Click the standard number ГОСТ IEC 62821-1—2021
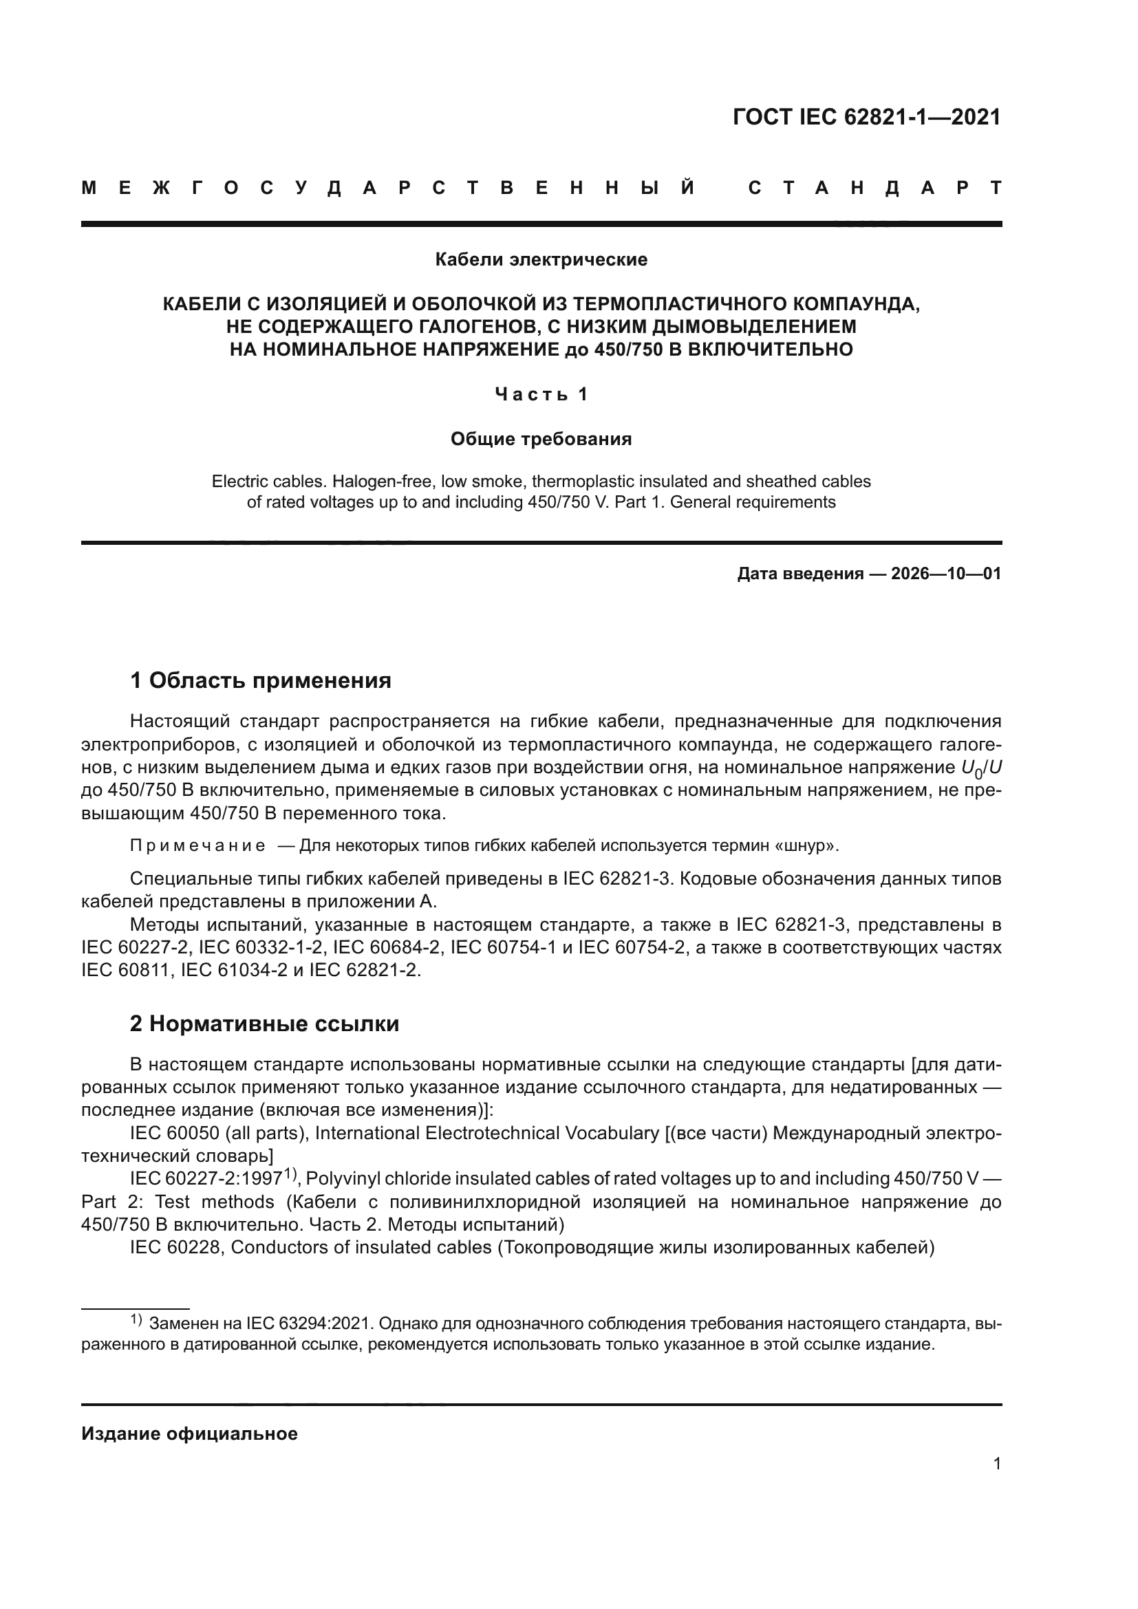tap(866, 117)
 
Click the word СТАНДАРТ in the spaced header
tap(874, 188)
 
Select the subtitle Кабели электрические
tap(541, 260)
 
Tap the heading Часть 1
tap(541, 395)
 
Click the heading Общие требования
tap(541, 440)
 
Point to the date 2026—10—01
tap(946, 574)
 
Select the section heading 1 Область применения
tap(260, 680)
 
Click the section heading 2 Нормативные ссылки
tap(264, 1024)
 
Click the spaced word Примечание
tap(197, 846)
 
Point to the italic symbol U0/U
tap(981, 769)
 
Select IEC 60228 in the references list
tap(176, 1248)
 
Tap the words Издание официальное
tap(189, 1434)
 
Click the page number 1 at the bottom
tap(996, 1464)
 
